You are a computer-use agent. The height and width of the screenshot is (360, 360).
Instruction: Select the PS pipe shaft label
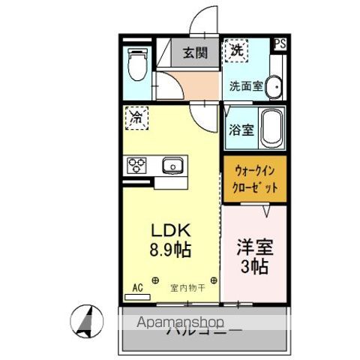[279, 43]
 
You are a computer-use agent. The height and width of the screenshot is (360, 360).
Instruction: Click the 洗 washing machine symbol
[235, 52]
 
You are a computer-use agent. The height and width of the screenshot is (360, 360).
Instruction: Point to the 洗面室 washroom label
[245, 86]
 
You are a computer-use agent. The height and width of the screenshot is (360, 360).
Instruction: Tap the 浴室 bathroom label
[241, 128]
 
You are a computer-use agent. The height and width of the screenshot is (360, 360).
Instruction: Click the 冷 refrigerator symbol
[136, 117]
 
